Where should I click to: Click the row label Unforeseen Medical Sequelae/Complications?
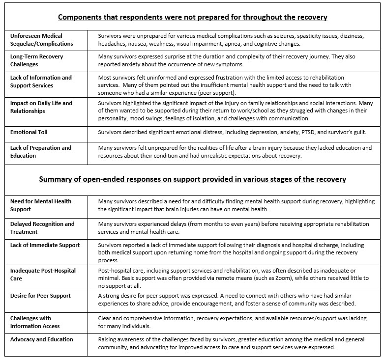41,40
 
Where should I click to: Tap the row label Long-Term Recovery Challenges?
37,60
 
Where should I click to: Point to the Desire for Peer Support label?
40,296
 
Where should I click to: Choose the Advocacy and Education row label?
41,339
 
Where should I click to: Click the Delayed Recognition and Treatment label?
42,227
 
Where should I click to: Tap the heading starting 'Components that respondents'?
193,17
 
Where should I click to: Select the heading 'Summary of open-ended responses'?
193,179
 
